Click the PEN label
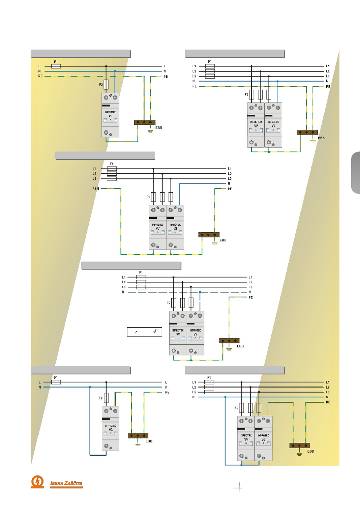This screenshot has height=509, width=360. tap(96, 188)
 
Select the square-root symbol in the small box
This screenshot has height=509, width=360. tap(157, 332)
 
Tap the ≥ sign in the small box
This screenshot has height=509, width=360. tap(136, 332)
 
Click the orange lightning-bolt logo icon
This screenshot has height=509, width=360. tap(38, 482)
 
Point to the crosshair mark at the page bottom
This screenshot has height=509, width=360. tap(239, 487)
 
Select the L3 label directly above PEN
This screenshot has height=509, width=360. tap(94, 179)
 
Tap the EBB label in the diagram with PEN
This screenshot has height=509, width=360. tap(223, 240)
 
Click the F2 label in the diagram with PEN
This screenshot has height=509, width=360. tap(148, 197)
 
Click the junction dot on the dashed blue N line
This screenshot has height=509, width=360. tap(200, 292)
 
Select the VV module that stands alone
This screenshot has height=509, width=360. tap(110, 115)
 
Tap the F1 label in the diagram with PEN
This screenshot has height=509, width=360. tap(112, 164)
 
